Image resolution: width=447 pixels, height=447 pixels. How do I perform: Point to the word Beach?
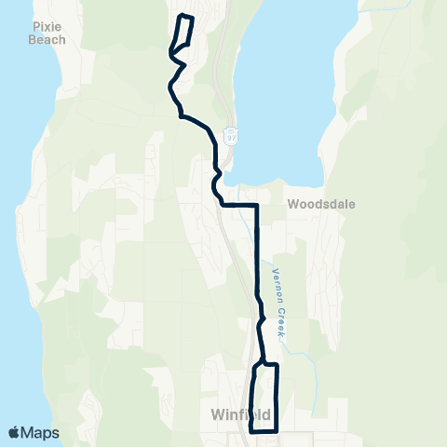pyautogui.click(x=47, y=40)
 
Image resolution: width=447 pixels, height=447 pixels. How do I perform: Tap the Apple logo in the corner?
pyautogui.click(x=16, y=432)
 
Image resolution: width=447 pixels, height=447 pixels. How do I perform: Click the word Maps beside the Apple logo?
pyautogui.click(x=41, y=432)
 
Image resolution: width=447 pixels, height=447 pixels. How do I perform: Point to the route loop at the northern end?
pyautogui.click(x=182, y=37)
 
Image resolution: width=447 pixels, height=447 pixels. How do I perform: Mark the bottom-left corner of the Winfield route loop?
pyautogui.click(x=252, y=431)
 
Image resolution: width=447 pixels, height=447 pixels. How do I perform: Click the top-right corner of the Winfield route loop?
pyautogui.click(x=278, y=365)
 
